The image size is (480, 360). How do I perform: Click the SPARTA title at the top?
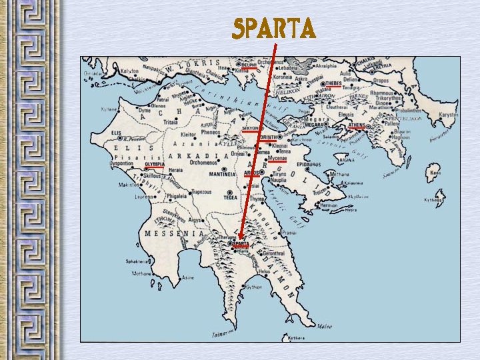pos(273,29)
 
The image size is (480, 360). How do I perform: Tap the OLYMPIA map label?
pos(155,163)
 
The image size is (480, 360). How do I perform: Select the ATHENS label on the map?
pos(357,125)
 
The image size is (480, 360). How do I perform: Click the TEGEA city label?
pos(231,197)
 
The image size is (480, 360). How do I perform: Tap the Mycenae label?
pos(277,159)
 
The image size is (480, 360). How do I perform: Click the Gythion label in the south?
pos(253,287)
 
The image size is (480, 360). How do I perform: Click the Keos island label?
pos(436,173)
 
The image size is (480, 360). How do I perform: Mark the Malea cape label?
pos(325,327)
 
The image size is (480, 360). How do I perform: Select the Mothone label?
pos(141,273)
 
